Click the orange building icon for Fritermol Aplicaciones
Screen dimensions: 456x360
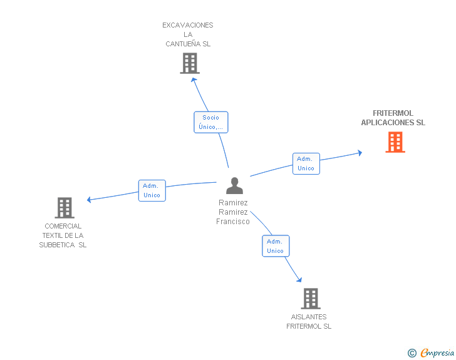(x=395, y=142)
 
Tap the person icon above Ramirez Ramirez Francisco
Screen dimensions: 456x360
(x=234, y=185)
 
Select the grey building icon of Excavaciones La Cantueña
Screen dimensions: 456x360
(x=190, y=63)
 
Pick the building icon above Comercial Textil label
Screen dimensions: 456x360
(x=65, y=208)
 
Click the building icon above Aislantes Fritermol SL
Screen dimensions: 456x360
(x=311, y=299)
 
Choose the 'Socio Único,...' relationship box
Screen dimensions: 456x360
(x=211, y=122)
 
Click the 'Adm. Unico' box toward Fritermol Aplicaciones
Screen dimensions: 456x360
(x=306, y=163)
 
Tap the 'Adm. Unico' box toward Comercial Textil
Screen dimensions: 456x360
(x=152, y=190)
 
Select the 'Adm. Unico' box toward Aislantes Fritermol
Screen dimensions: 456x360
(x=276, y=245)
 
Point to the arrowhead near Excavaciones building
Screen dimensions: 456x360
(x=194, y=80)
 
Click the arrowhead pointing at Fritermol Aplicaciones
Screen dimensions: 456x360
(x=360, y=153)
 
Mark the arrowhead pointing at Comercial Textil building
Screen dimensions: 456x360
(x=89, y=200)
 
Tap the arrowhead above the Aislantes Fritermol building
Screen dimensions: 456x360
(x=299, y=280)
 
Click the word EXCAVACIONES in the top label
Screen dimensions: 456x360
(x=187, y=25)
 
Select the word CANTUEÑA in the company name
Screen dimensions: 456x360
(x=183, y=44)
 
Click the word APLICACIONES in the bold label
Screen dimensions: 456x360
(x=388, y=123)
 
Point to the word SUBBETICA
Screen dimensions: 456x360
(x=57, y=245)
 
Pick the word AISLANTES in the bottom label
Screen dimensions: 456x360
(x=309, y=317)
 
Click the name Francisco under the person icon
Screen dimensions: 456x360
(x=232, y=222)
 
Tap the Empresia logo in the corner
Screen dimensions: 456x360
(x=431, y=352)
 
